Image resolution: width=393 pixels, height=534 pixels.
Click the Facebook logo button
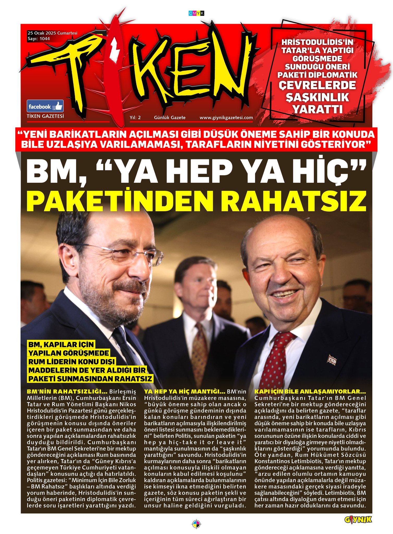pos(45,106)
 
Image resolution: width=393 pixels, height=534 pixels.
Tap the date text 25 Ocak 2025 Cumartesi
pos(52,33)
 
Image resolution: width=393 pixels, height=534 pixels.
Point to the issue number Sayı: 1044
pos(39,39)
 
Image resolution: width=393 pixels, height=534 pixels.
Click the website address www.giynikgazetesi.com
pos(226,118)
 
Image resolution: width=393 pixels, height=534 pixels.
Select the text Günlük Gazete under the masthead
pos(170,118)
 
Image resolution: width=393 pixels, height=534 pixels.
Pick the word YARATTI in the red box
pos(317,109)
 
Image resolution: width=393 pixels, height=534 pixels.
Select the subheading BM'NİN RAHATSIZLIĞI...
pos(67,392)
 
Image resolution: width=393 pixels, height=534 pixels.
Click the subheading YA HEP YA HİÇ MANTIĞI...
pos(185,392)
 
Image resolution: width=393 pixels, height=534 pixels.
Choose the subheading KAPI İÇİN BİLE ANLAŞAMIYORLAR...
pos(310,392)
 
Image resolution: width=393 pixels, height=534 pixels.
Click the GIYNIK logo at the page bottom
pos(358,520)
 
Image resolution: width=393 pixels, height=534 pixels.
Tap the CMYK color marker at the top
pos(196,13)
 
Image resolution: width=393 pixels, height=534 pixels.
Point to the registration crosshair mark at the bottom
pos(196,524)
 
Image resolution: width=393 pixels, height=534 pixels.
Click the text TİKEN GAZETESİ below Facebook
pos(45,116)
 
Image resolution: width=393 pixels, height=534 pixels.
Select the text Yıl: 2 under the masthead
pos(135,118)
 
